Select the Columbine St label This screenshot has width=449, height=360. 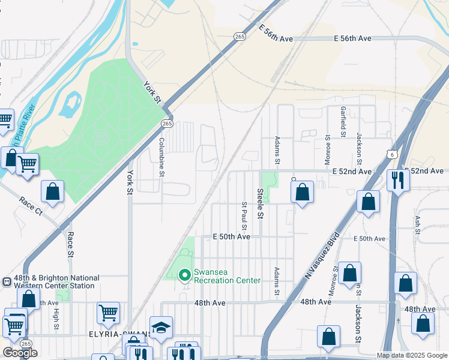[161, 157]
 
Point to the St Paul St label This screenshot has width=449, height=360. [244, 215]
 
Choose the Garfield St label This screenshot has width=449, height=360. [343, 122]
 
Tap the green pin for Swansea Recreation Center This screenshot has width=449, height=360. [185, 275]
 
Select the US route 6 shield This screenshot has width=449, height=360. [391, 154]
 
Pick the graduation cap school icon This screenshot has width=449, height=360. [161, 328]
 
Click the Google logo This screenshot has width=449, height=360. [20, 353]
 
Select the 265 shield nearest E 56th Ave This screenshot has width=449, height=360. [240, 36]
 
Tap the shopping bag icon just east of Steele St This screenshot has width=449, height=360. [303, 193]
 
